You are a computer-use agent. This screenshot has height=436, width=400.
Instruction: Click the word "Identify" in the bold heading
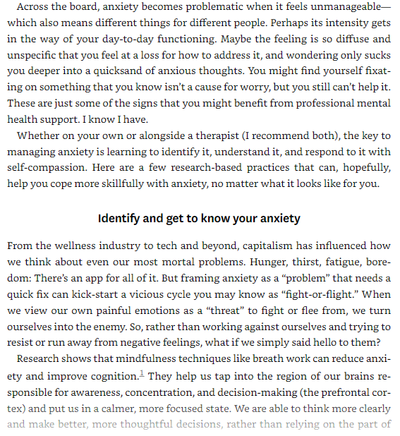(x=121, y=218)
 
